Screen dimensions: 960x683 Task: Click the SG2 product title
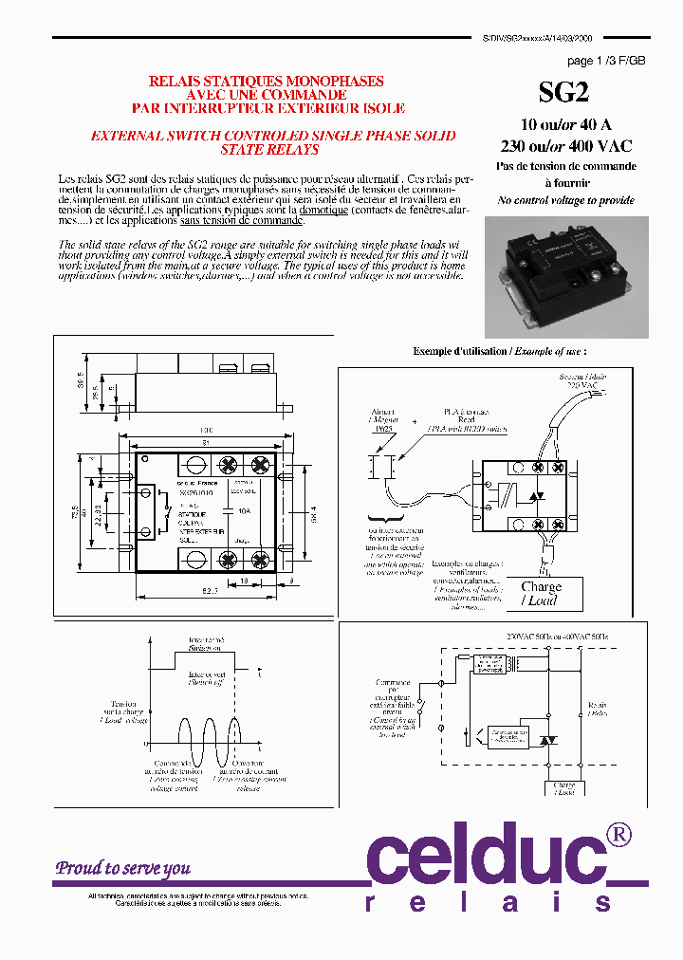click(x=564, y=91)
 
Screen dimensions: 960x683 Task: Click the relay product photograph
click(x=565, y=269)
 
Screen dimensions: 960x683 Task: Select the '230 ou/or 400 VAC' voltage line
click(x=565, y=146)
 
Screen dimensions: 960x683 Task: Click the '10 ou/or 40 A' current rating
click(x=565, y=125)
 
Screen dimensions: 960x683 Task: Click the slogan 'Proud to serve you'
click(x=122, y=868)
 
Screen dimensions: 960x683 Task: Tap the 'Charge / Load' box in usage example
click(x=542, y=594)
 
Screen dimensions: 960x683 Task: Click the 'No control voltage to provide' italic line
click(x=565, y=200)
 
